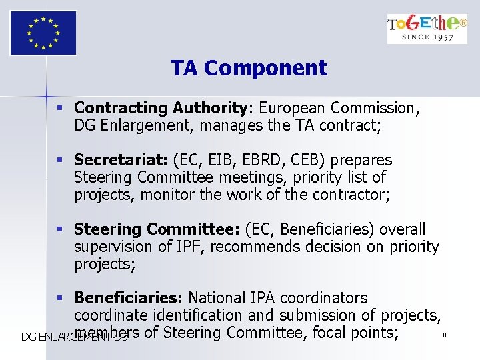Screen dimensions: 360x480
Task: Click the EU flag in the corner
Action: coord(43,32)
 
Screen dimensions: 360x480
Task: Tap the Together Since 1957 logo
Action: coord(427,29)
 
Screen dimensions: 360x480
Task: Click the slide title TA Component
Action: coord(249,68)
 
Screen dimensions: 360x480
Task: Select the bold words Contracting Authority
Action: coord(161,108)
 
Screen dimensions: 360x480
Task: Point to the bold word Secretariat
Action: coord(121,160)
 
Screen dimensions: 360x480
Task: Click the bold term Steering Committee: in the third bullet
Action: coord(157,229)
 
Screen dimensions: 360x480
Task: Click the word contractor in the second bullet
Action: coord(351,195)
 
